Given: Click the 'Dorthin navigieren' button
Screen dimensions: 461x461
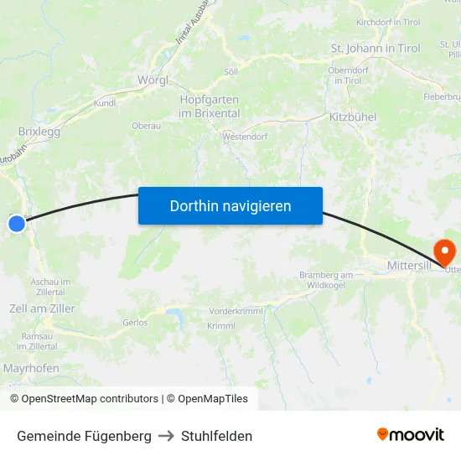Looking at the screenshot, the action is [x=230, y=205].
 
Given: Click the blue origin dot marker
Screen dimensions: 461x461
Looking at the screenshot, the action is [x=17, y=223].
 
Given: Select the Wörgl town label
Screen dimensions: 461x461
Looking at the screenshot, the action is [x=153, y=80].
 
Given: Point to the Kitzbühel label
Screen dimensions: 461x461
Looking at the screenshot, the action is [x=353, y=117].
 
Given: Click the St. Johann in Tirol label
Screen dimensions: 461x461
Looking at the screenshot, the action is [x=376, y=48].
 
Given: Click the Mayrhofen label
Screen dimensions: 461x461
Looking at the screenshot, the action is [x=31, y=368].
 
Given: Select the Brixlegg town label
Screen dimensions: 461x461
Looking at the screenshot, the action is [x=39, y=132].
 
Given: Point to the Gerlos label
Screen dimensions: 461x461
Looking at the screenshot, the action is [x=134, y=322].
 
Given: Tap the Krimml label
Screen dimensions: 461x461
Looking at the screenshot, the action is [x=221, y=326].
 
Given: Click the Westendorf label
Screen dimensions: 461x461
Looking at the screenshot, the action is [x=245, y=135].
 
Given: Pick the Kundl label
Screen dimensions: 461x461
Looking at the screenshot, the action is [x=105, y=103].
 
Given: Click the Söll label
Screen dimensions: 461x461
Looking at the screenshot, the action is [x=230, y=72].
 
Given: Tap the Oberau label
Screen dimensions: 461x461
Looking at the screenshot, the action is [x=147, y=126].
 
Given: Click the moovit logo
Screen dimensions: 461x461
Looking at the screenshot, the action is [x=411, y=434].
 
